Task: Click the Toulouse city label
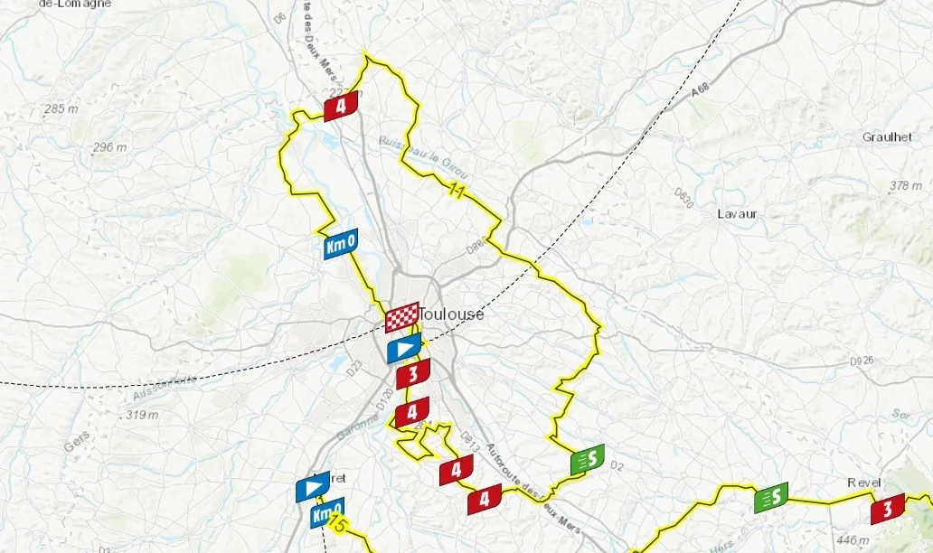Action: coord(452,314)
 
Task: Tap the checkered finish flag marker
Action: coord(402,318)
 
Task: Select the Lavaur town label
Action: coord(737,214)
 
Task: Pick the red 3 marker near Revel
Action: coord(887,510)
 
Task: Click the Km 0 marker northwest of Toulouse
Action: coord(340,243)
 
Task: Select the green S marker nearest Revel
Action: coord(771,497)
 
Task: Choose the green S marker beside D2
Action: coord(588,460)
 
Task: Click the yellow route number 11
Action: coord(457,190)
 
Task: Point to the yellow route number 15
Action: coord(339,524)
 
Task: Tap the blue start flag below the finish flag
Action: coord(404,348)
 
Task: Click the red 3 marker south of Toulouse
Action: coord(413,373)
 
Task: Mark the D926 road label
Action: coord(864,362)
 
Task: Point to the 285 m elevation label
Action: coord(61,109)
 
